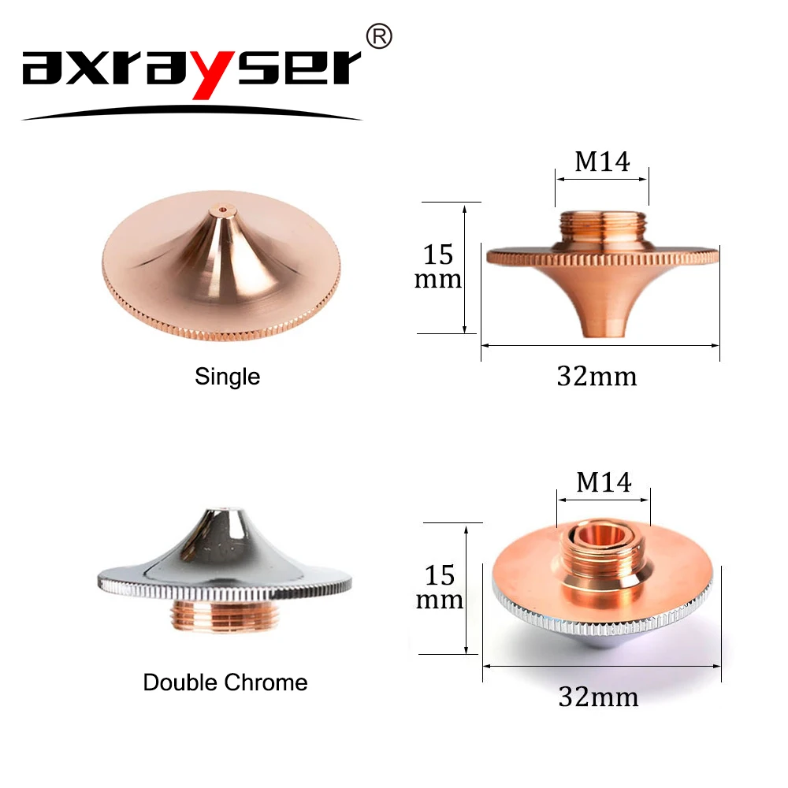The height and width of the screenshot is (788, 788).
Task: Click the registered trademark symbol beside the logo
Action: [380, 37]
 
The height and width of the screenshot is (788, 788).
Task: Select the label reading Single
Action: [227, 377]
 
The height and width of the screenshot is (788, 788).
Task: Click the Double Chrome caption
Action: [225, 682]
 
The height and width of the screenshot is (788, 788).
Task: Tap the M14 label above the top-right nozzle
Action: [602, 162]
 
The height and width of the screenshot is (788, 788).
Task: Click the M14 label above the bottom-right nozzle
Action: [604, 482]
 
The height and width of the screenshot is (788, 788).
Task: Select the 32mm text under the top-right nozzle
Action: [597, 377]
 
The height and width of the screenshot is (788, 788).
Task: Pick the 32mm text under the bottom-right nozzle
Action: [598, 697]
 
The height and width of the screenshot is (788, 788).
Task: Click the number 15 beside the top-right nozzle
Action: [438, 255]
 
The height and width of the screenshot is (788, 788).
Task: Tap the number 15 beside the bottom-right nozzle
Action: [440, 575]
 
